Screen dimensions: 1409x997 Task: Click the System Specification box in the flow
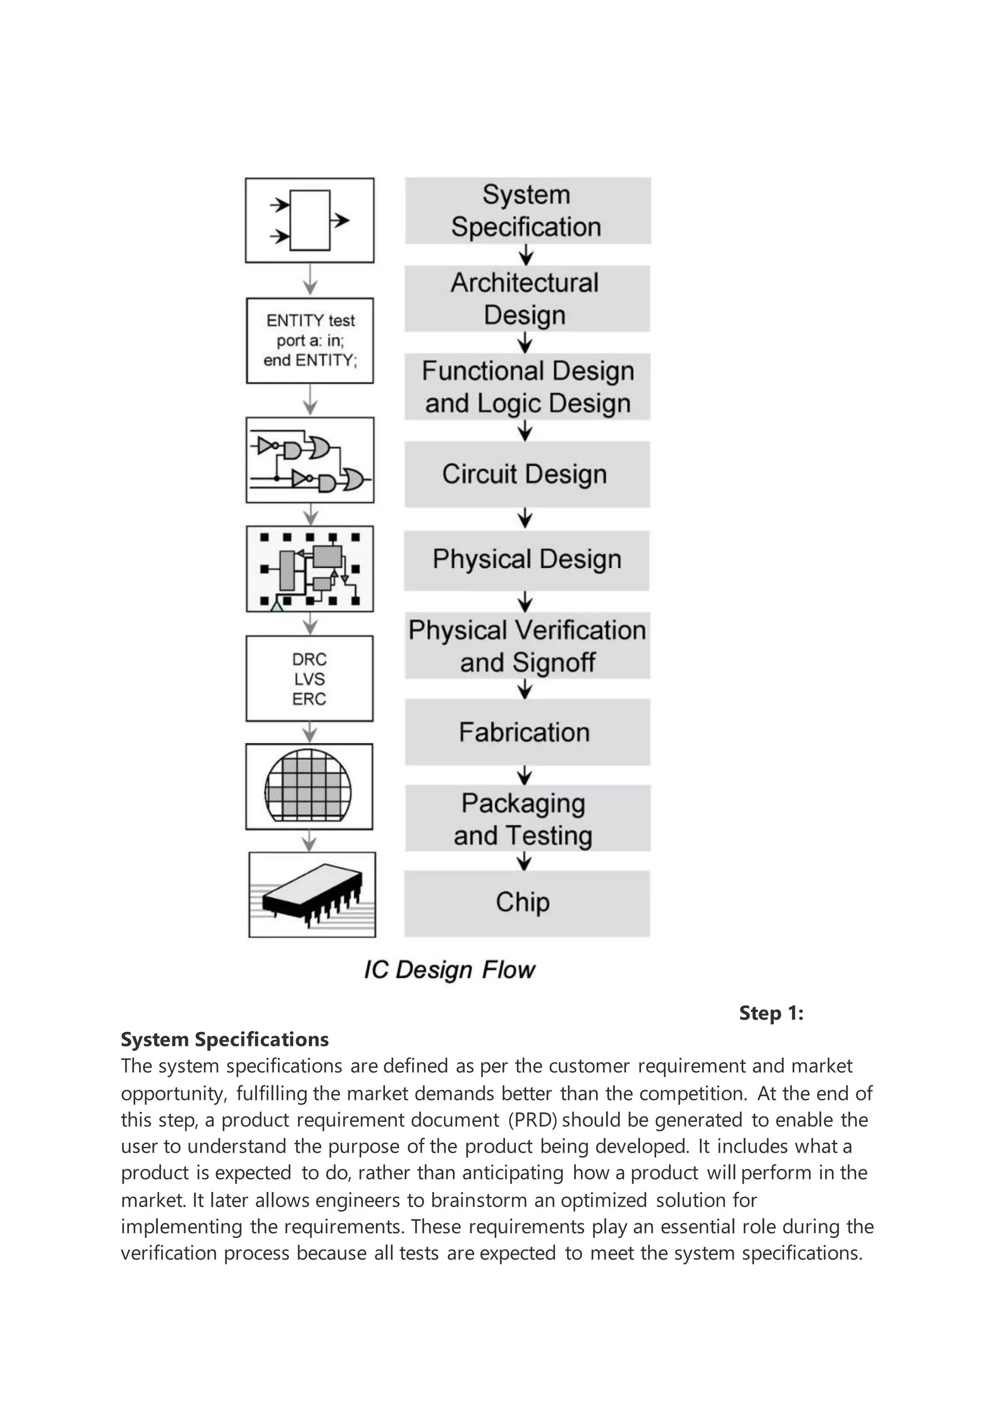pos(527,211)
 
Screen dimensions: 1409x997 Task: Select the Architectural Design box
pos(527,299)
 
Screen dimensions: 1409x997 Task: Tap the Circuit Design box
pos(527,474)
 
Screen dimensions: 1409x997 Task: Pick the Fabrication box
pos(527,732)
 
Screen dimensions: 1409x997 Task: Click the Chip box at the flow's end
pos(527,903)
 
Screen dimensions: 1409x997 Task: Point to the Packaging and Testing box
pos(527,819)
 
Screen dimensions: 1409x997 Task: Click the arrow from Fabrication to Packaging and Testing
pos(524,775)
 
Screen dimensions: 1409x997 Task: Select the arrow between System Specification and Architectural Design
pos(525,254)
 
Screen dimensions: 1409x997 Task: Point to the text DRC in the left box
pos(310,659)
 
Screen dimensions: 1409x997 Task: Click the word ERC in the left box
pos(310,699)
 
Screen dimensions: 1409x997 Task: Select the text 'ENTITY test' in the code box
pos(311,320)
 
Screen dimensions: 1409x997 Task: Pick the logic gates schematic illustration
pos(310,460)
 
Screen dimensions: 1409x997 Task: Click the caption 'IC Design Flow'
pos(449,970)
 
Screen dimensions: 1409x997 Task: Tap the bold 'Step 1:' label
pos(771,1013)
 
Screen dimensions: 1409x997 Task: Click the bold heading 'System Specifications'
pos(225,1040)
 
